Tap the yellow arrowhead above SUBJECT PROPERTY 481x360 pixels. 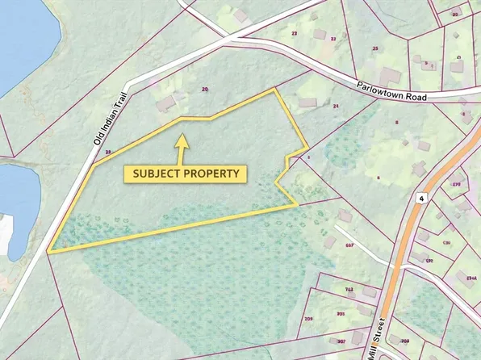coord(182,140)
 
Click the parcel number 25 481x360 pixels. coord(374,48)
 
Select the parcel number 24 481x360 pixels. coord(333,106)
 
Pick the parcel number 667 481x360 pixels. coord(349,245)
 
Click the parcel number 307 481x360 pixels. coord(341,342)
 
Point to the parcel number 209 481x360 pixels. coord(308,320)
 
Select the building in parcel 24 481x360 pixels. coord(307,103)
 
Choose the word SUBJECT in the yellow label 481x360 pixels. coord(151,173)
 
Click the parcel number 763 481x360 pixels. coord(349,288)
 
